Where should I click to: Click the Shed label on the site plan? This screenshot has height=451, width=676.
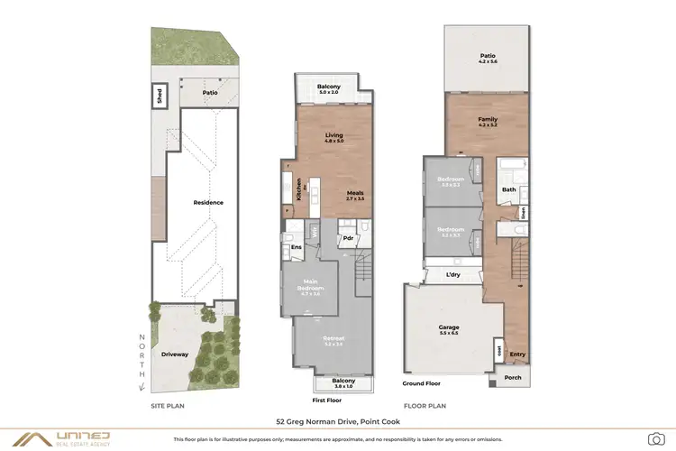click(160, 95)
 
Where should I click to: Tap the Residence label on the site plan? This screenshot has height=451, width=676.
click(207, 202)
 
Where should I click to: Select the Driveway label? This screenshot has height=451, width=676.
click(174, 354)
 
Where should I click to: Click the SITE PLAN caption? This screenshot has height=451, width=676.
click(169, 406)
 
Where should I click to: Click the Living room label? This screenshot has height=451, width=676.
click(334, 137)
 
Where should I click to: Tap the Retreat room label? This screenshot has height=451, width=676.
click(333, 340)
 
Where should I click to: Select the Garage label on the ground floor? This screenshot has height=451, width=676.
click(448, 328)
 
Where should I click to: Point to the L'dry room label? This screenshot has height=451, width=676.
click(453, 274)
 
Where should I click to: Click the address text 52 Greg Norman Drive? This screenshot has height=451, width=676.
click(338, 420)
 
